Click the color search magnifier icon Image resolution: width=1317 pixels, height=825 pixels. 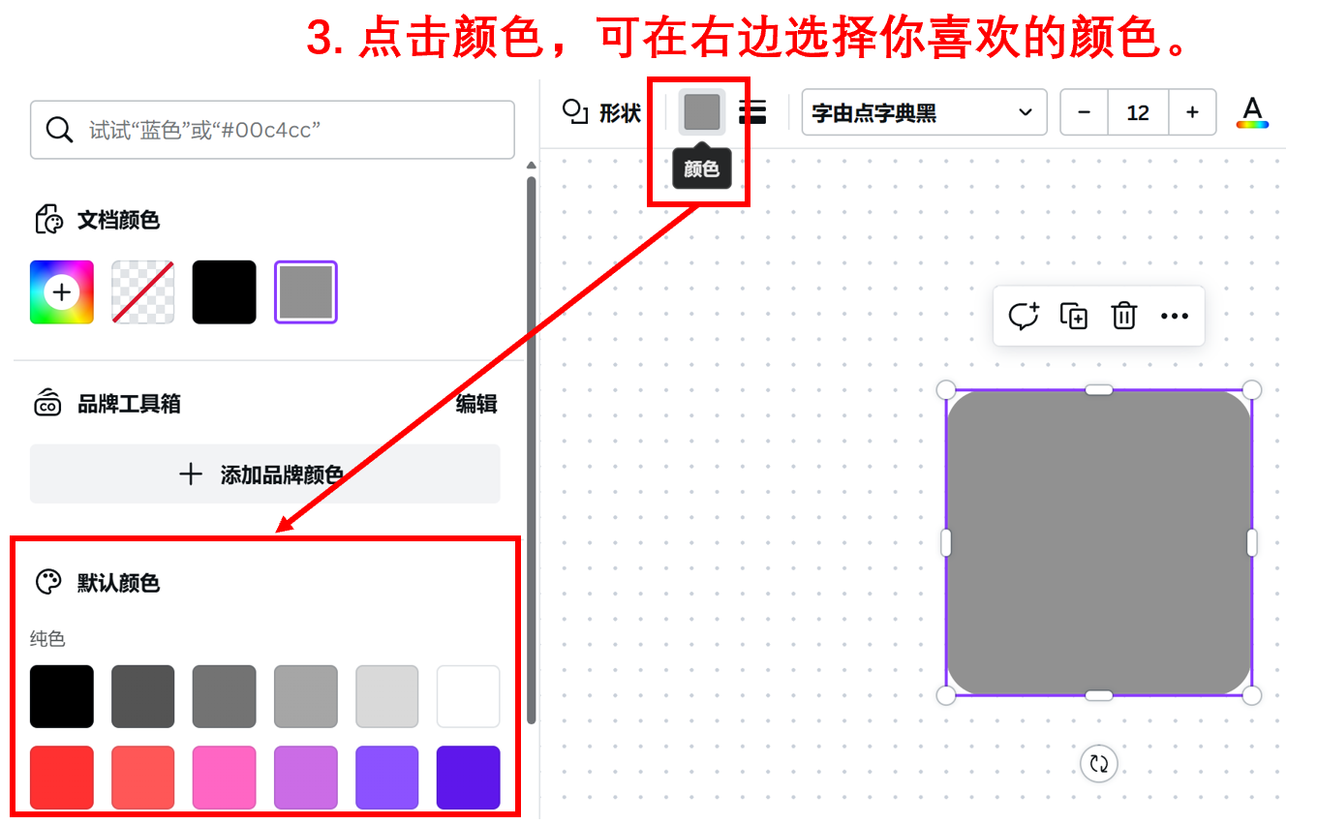coord(60,130)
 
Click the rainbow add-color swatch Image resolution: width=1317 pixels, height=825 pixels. coord(62,291)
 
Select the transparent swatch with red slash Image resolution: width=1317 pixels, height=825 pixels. coord(143,291)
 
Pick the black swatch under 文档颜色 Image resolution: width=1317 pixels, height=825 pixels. coord(225,291)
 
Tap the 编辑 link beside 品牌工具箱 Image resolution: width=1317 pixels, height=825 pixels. coord(476,404)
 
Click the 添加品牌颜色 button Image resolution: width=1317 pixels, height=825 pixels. coord(264,474)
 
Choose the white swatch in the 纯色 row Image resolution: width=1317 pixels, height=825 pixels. coord(469,696)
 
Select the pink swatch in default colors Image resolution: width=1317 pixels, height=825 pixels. coord(225,777)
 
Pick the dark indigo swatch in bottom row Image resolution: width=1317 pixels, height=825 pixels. coord(469,777)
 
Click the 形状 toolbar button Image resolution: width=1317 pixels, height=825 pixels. coord(602,112)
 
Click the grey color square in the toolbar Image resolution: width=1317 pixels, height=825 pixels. coord(702,112)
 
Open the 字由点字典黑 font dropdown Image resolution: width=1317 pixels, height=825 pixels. coord(924,113)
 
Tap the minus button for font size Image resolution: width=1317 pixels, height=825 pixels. coord(1085,113)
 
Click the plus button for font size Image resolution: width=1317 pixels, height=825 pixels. coord(1192,113)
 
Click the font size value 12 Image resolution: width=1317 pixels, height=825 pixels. coord(1138,113)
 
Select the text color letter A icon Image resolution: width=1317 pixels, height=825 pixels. coord(1252,112)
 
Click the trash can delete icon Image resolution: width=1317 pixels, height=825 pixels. coord(1124,316)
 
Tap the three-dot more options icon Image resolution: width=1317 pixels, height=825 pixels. coord(1174,316)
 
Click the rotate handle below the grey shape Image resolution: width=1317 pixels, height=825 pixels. coord(1099,764)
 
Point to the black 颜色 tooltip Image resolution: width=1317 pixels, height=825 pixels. coord(702,169)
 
